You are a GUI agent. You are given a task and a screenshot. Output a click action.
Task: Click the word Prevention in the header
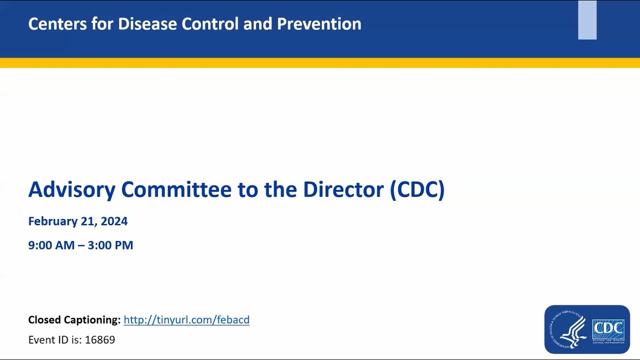[319, 24]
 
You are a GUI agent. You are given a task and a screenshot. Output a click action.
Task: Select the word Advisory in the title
[71, 190]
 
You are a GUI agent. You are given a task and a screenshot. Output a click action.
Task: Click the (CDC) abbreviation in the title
[417, 190]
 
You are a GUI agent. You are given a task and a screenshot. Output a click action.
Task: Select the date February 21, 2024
[78, 221]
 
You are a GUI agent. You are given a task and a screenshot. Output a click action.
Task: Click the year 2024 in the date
[114, 221]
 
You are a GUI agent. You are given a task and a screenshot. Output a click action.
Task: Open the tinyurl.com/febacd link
[186, 320]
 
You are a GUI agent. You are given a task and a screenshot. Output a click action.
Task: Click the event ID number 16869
[100, 340]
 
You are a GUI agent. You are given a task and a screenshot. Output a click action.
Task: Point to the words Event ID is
[55, 340]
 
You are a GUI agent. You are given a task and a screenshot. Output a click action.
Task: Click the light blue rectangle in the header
[587, 20]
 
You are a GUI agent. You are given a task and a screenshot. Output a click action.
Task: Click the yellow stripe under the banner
[320, 63]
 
